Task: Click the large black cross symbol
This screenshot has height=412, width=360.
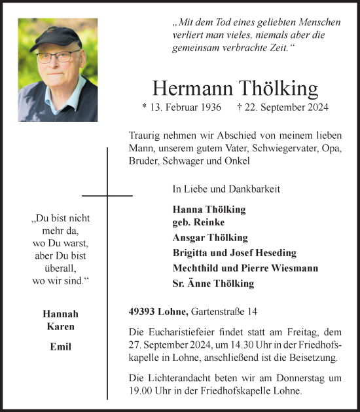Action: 107,195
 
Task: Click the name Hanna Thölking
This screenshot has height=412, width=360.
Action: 209,210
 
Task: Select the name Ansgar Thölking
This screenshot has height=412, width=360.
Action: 210,238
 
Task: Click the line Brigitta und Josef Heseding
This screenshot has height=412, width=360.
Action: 234,253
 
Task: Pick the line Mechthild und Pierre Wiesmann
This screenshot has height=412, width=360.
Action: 245,268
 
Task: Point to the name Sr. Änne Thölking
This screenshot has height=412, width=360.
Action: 213,284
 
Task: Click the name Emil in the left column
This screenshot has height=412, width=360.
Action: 60,346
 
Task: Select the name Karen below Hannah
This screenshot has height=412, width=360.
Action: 60,326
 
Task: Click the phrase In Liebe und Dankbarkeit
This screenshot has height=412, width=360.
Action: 226,189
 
